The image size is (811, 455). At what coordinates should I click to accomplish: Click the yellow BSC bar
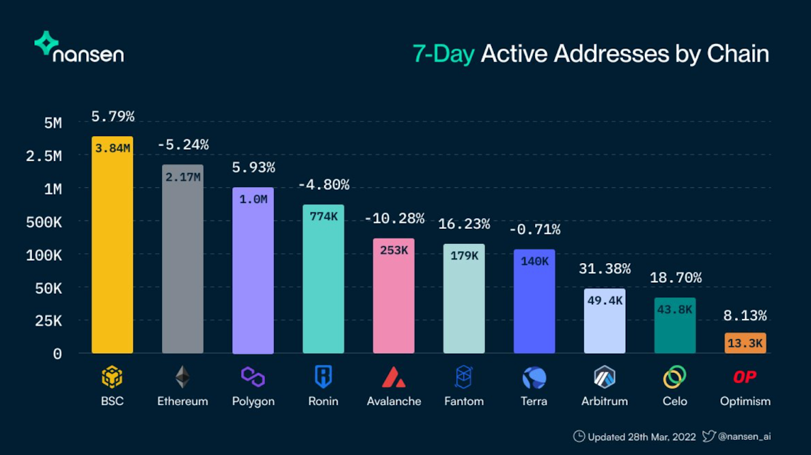coord(112,245)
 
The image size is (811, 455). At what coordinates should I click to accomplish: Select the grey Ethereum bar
coord(182,259)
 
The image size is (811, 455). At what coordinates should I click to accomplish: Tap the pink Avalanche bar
coord(394,296)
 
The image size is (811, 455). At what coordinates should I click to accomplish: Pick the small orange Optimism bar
coord(745,344)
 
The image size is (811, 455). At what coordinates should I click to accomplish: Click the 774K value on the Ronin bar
coord(324,217)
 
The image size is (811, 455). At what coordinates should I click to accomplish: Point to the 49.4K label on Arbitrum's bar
coord(605,301)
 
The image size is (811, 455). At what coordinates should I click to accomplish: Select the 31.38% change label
coord(605,269)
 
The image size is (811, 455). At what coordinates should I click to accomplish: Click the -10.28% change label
coord(394,219)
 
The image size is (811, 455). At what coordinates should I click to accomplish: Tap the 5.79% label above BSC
coord(113,117)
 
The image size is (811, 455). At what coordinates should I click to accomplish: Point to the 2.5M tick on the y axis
coord(44,156)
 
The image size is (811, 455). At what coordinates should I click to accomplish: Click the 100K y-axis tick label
coord(44,256)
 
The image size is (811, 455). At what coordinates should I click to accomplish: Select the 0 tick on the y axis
coord(57,354)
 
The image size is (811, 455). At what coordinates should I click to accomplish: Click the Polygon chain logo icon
coord(253,377)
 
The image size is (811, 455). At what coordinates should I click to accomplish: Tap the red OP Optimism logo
coord(745,377)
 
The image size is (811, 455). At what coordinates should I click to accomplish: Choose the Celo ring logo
coord(675,377)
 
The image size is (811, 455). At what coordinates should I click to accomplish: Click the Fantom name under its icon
coord(464,401)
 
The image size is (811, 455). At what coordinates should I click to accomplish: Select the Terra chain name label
coord(534,401)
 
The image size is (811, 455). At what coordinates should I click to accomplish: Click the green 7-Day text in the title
coord(443,54)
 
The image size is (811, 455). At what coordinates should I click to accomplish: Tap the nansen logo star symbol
coord(46,43)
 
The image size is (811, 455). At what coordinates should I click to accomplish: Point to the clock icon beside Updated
coord(579,437)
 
